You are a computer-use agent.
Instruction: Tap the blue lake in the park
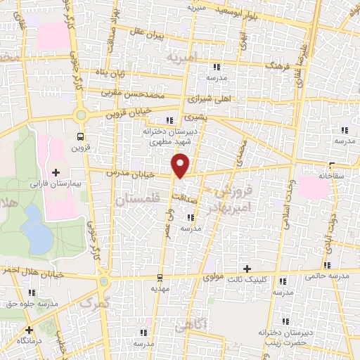point(35,229)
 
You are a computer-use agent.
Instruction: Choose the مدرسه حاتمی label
point(326,276)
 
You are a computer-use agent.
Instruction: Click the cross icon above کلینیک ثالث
point(247,269)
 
